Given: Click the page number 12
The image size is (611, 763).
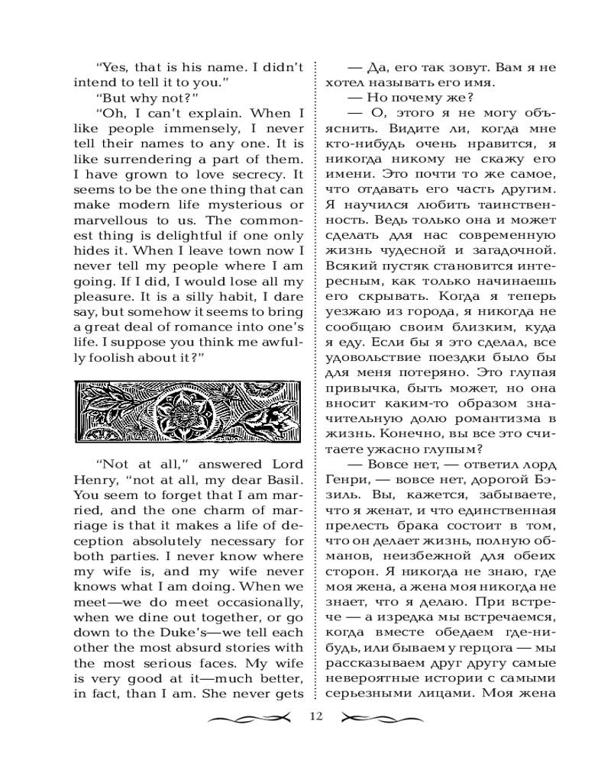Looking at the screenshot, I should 317,716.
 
